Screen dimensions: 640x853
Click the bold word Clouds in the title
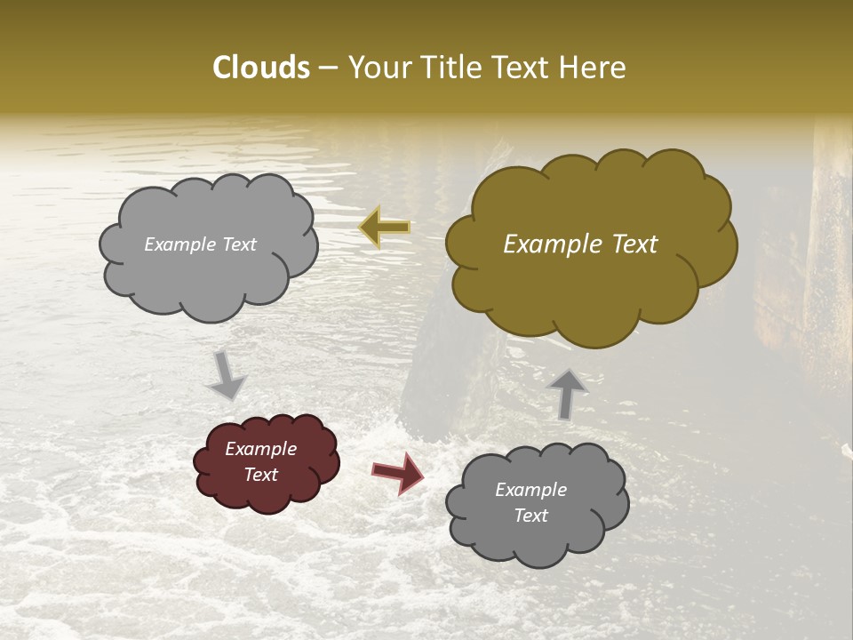(x=261, y=68)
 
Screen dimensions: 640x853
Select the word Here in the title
(x=594, y=68)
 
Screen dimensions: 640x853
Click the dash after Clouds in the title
(x=328, y=68)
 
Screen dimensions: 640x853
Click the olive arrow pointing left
(x=385, y=227)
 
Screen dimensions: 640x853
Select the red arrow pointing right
(x=398, y=473)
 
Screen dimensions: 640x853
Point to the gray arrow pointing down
(x=226, y=374)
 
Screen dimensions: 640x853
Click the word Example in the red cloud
(x=261, y=449)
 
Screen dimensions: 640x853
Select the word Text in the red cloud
(x=261, y=475)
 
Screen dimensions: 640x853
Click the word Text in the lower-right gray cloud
(x=531, y=516)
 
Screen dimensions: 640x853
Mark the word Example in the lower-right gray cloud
(x=531, y=490)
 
